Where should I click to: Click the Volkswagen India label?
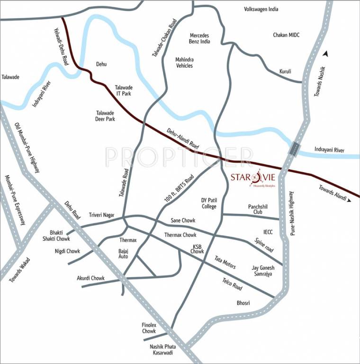coord(261,9)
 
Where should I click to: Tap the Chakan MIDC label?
coord(286,35)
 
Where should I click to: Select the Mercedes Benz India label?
coord(199,38)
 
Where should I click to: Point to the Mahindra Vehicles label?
coord(184,63)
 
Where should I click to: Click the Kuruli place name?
coord(285,71)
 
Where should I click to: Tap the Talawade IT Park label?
coord(124,91)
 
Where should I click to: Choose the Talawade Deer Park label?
coord(105,116)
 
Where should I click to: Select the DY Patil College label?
coord(208,203)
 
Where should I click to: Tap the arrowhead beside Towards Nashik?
coord(325,55)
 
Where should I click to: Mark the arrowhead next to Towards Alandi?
coord(349,200)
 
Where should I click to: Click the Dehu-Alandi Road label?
coord(184,140)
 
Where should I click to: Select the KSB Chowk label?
coord(198,249)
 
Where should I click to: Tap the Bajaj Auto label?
coord(123,253)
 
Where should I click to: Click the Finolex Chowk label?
coord(149,328)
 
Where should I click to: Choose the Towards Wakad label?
coord(19,270)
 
